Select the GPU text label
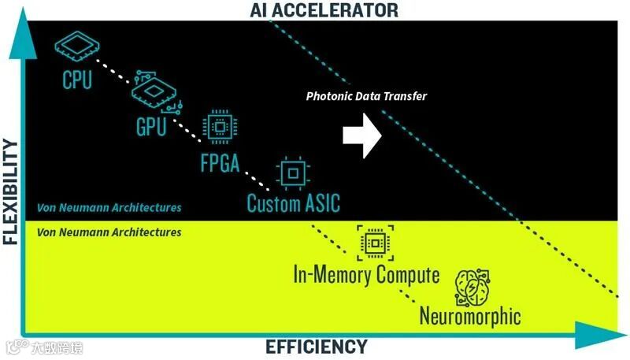tap(151, 126)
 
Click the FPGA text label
tap(219, 165)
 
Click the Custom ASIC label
tap(294, 203)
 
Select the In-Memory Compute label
tap(366, 275)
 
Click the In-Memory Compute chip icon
tap(373, 242)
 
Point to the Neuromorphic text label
tap(470, 317)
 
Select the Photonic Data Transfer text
tap(366, 96)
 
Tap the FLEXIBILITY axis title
tap(10, 192)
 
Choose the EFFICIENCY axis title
tap(317, 347)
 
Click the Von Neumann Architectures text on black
tap(109, 208)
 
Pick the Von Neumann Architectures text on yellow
tap(109, 232)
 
